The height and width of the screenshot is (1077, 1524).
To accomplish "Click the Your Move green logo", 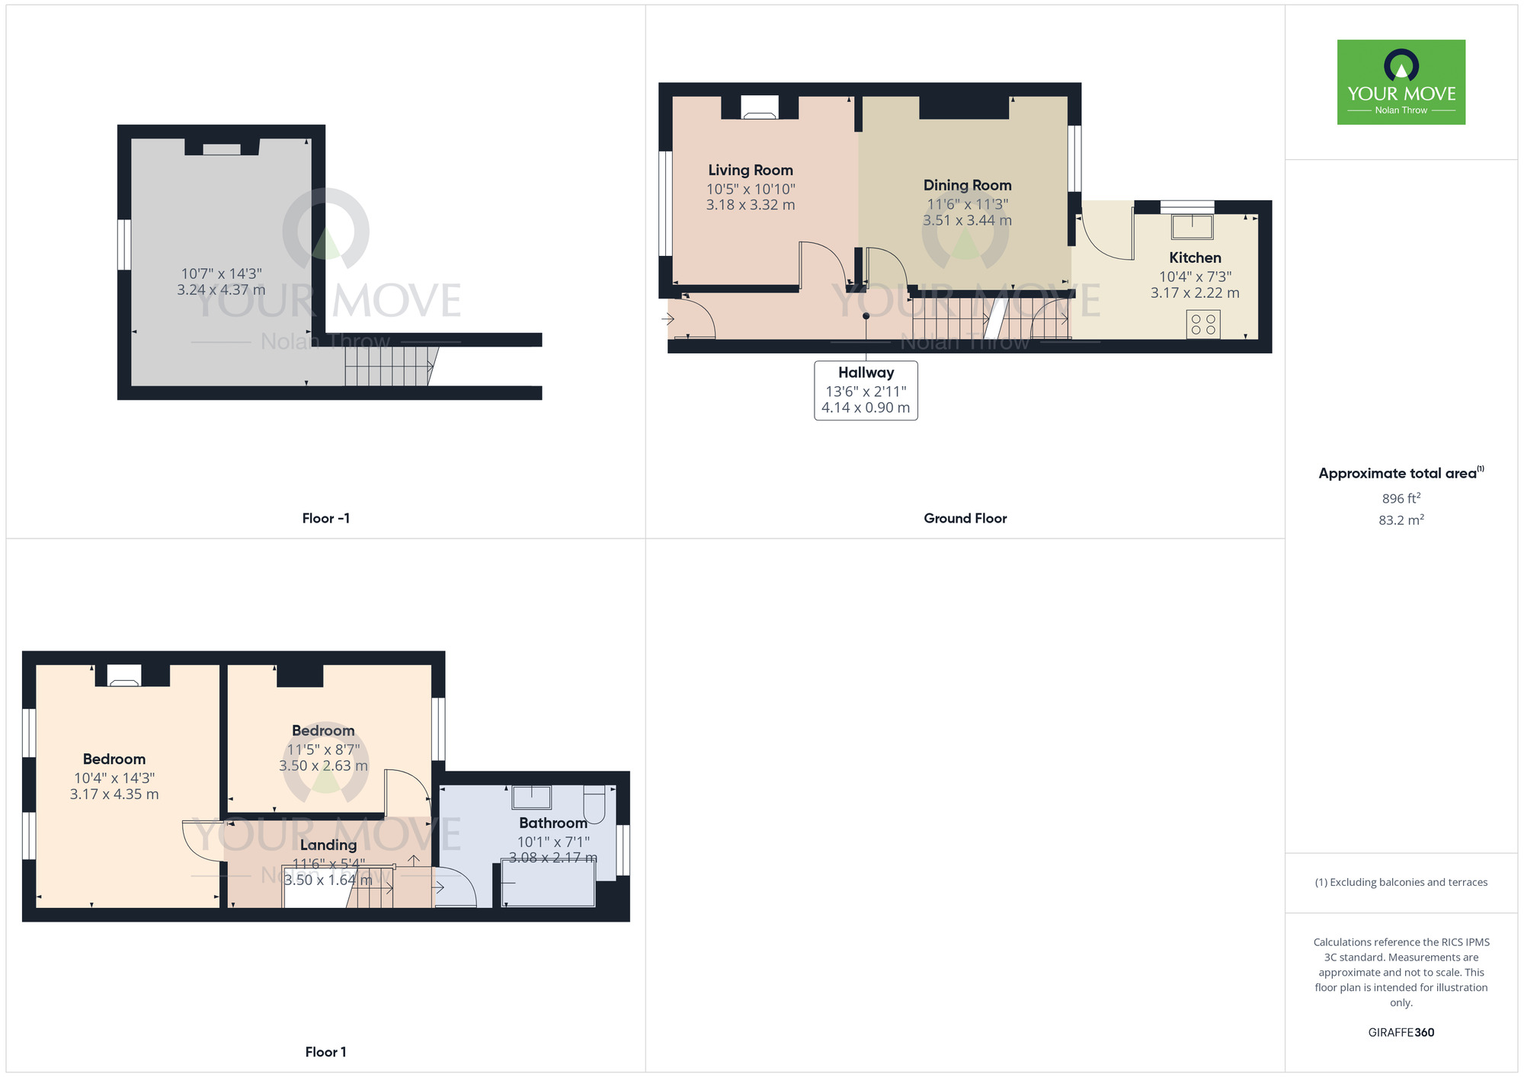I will click(1401, 82).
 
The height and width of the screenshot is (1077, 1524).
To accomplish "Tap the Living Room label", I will click(751, 170).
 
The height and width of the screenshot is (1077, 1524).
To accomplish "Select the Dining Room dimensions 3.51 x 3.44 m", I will click(967, 220).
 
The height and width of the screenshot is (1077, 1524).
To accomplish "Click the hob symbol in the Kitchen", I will click(1202, 324).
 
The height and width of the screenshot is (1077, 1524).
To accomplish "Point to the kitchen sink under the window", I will click(1192, 226).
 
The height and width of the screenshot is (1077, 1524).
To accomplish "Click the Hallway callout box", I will click(866, 390).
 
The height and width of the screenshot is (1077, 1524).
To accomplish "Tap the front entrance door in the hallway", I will click(692, 318).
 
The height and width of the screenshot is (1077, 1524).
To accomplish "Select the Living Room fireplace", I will click(760, 107).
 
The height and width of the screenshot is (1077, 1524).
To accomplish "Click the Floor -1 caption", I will click(325, 518).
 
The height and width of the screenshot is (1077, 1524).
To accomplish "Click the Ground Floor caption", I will click(965, 518).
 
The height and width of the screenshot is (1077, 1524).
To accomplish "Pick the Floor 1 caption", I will click(325, 1052).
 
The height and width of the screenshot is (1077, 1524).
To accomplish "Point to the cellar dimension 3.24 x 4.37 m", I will click(221, 289).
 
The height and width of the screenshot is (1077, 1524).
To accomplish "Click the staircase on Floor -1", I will click(389, 366).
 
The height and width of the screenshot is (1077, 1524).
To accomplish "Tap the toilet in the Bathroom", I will click(594, 804).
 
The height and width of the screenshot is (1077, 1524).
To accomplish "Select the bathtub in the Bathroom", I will click(548, 884).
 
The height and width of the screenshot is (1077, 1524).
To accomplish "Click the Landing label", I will click(328, 845).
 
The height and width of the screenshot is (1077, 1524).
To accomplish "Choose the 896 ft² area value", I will click(1401, 498).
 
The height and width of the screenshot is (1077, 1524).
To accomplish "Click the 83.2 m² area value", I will click(1401, 520).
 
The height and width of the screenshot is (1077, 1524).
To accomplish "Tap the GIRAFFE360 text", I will click(1401, 1032).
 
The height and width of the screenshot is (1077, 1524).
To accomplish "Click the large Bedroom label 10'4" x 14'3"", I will click(114, 759).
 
